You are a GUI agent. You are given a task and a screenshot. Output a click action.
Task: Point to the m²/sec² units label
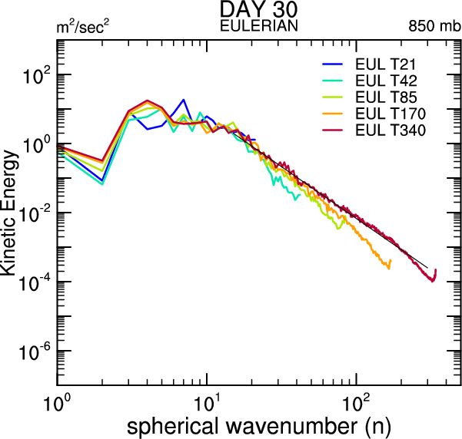(82, 27)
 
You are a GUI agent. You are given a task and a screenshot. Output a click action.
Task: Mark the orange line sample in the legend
(333, 114)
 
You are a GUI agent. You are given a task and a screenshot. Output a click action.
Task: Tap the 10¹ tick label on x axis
(207, 401)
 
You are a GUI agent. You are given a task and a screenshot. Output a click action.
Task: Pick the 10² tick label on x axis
(355, 401)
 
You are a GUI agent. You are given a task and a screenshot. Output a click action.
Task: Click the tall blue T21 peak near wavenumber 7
(183, 100)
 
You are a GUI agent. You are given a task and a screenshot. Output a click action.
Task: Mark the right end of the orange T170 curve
(391, 262)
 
